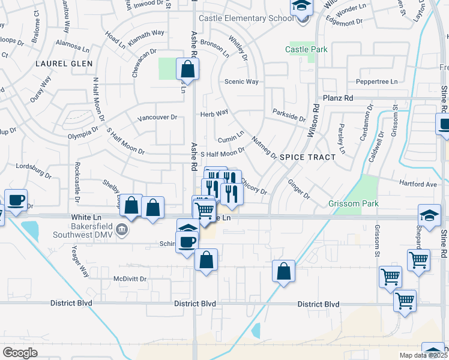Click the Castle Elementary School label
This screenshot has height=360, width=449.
(x=246, y=18)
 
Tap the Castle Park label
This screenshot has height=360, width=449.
(x=306, y=49)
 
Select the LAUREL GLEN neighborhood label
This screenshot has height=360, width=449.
(x=64, y=63)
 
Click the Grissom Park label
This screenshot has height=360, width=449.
(x=354, y=204)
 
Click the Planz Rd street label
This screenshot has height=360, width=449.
(x=338, y=98)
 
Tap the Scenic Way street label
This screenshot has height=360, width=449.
(x=241, y=82)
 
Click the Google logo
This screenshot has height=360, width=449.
(x=20, y=353)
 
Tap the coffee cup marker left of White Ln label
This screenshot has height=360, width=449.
(x=16, y=200)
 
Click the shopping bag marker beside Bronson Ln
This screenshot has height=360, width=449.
(x=188, y=70)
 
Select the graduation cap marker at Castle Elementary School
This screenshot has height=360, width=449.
(x=301, y=7)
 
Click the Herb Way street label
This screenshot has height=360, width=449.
(x=214, y=112)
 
